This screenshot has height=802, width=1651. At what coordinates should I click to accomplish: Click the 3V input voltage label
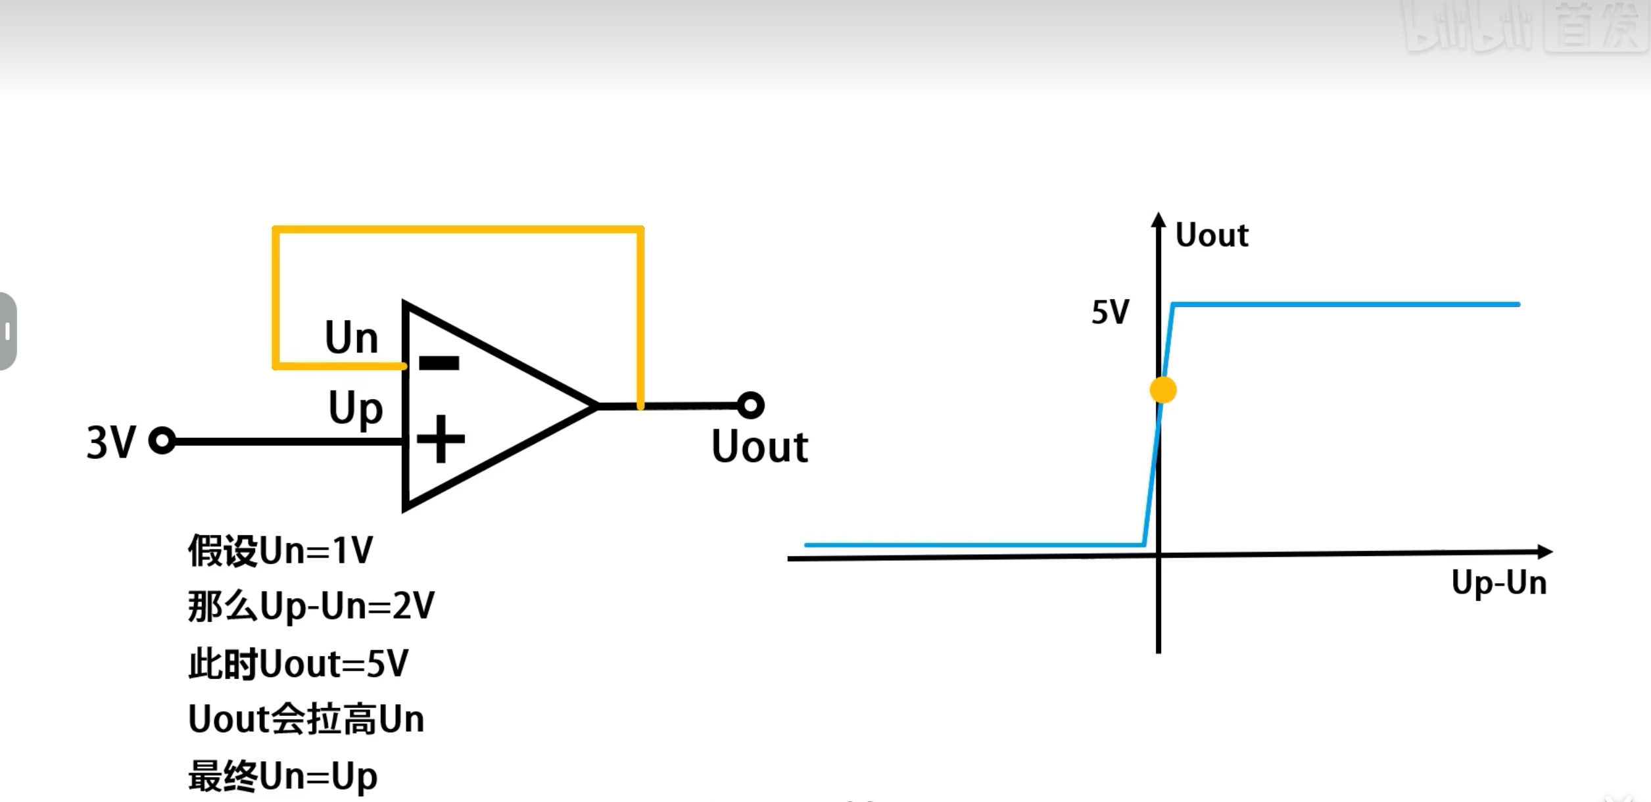pyautogui.click(x=111, y=442)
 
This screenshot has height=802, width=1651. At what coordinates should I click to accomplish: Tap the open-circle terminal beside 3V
pyautogui.click(x=162, y=440)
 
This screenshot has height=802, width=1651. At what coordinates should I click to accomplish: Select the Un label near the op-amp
pyautogui.click(x=352, y=338)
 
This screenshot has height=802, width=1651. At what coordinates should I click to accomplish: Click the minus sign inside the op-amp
pyautogui.click(x=439, y=362)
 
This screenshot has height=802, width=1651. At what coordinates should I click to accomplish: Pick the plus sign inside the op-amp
pyautogui.click(x=441, y=438)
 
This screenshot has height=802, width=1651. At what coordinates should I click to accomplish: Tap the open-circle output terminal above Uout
pyautogui.click(x=750, y=406)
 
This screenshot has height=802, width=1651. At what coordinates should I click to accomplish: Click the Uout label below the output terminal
pyautogui.click(x=759, y=448)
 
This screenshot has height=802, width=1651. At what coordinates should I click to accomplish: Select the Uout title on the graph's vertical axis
pyautogui.click(x=1211, y=235)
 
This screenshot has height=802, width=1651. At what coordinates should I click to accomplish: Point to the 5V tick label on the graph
pyautogui.click(x=1111, y=312)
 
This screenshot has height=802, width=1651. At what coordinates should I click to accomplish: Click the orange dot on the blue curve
pyautogui.click(x=1162, y=390)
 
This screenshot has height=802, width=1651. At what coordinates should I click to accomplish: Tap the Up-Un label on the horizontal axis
pyautogui.click(x=1498, y=583)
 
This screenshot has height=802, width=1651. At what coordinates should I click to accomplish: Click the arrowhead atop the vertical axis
pyautogui.click(x=1159, y=220)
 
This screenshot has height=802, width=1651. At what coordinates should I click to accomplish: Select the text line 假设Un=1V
pyautogui.click(x=281, y=550)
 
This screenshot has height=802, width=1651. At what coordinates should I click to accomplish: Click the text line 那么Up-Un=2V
pyautogui.click(x=311, y=605)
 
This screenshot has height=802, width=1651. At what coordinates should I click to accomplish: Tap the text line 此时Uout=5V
pyautogui.click(x=299, y=663)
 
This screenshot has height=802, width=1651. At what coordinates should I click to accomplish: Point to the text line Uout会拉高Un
pyautogui.click(x=306, y=719)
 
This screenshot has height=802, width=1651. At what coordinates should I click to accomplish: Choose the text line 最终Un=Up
pyautogui.click(x=283, y=776)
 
